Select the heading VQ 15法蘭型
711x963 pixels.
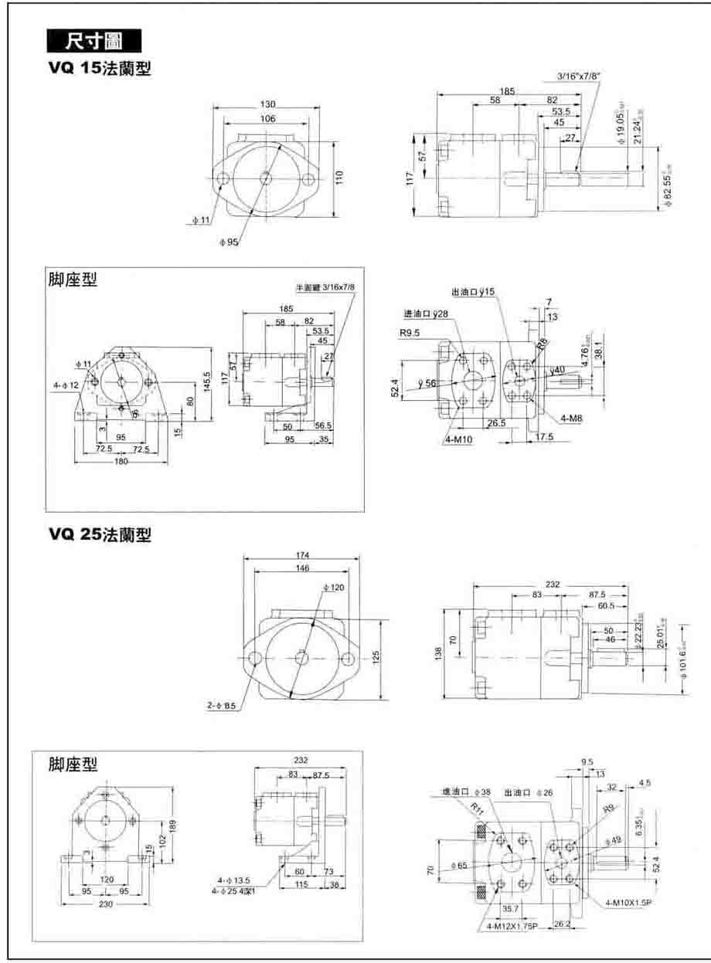(100, 69)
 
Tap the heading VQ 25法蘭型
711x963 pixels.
(100, 534)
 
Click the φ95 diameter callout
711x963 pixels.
(230, 241)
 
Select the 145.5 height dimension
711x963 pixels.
(206, 382)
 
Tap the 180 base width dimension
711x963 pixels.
(121, 461)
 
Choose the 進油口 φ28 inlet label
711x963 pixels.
(426, 314)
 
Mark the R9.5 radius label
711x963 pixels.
(410, 333)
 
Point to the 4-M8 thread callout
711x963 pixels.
(571, 418)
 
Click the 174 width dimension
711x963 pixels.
(301, 555)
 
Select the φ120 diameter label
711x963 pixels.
(334, 588)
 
